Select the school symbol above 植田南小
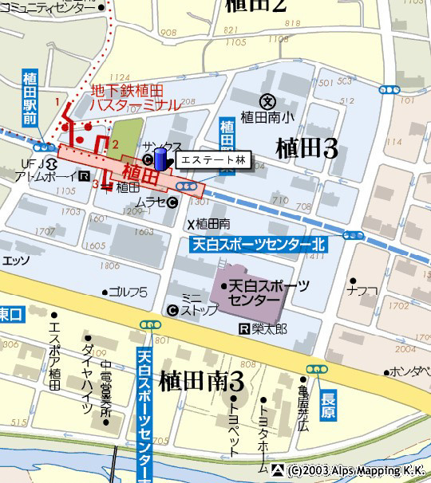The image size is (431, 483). [267, 101]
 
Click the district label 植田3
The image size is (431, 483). [306, 148]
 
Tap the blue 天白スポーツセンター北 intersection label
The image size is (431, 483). [257, 245]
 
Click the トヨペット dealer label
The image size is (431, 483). [234, 426]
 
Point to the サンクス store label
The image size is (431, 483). [163, 147]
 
